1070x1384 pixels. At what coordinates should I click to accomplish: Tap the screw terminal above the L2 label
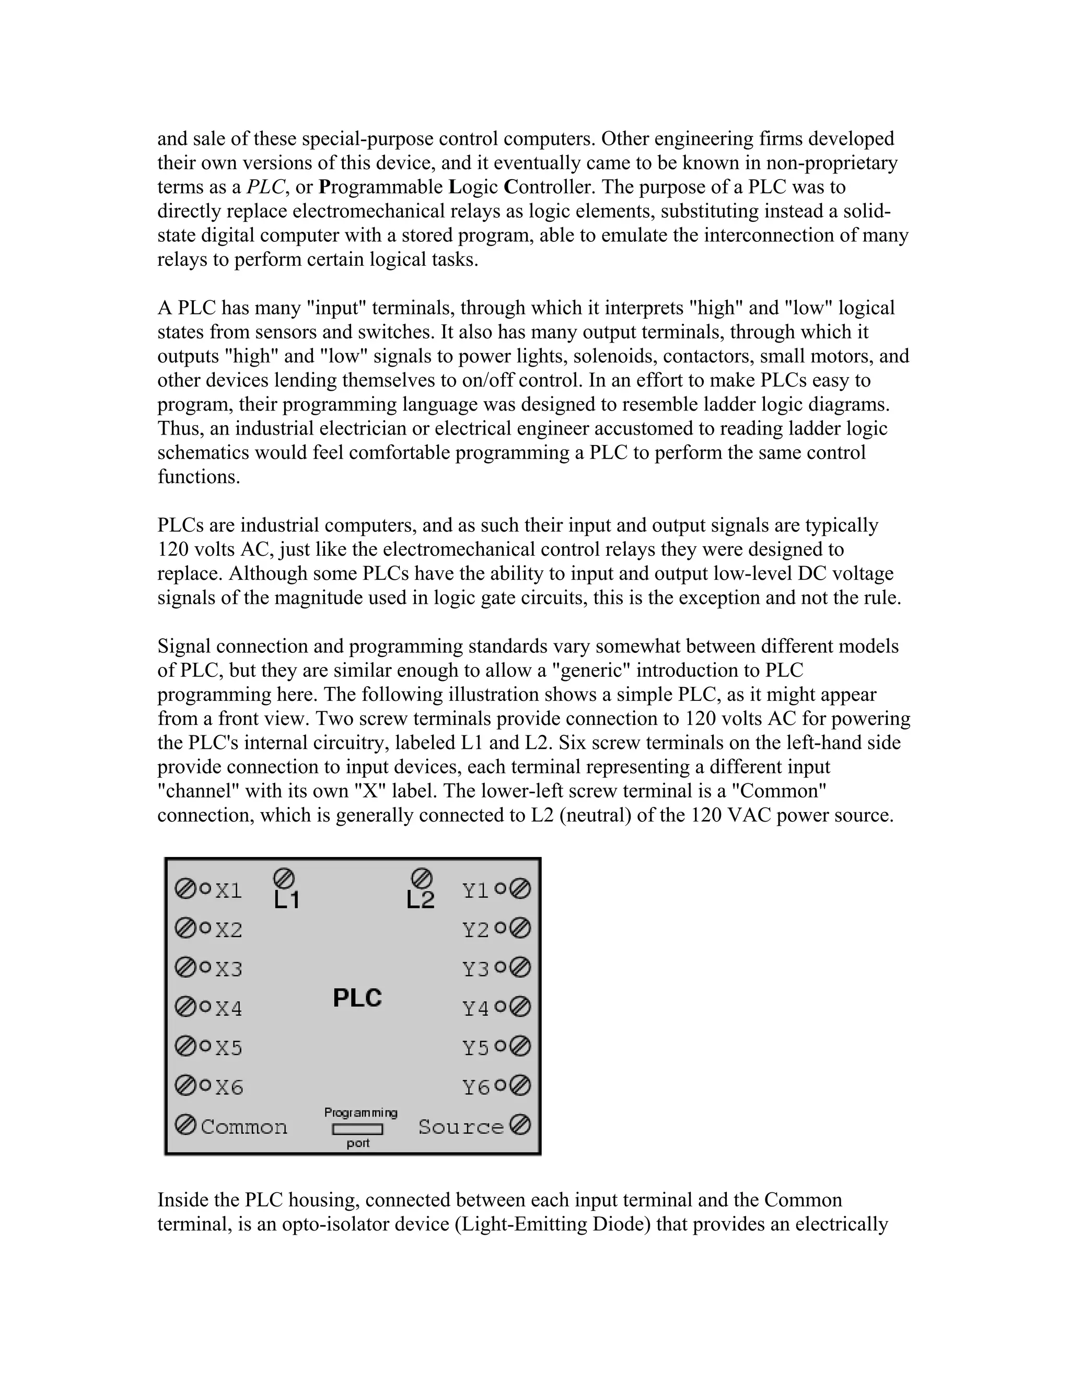click(422, 878)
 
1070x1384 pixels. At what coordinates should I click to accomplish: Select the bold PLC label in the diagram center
click(357, 998)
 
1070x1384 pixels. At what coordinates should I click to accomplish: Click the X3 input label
click(229, 969)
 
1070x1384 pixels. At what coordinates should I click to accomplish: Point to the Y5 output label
click(475, 1048)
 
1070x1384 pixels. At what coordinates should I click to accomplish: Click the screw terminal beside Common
click(185, 1125)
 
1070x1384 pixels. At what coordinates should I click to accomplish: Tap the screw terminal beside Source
click(520, 1125)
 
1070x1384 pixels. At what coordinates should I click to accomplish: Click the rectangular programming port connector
click(357, 1129)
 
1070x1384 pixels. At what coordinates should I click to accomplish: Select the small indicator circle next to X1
click(205, 888)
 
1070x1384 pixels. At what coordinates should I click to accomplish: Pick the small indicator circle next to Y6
click(500, 1086)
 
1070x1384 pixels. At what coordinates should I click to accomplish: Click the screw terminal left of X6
click(185, 1086)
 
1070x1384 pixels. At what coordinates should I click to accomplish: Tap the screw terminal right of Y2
click(520, 929)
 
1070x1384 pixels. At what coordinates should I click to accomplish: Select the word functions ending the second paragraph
click(199, 477)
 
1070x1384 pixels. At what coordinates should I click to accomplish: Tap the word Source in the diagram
click(461, 1127)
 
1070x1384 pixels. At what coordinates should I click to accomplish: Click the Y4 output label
click(475, 1008)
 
